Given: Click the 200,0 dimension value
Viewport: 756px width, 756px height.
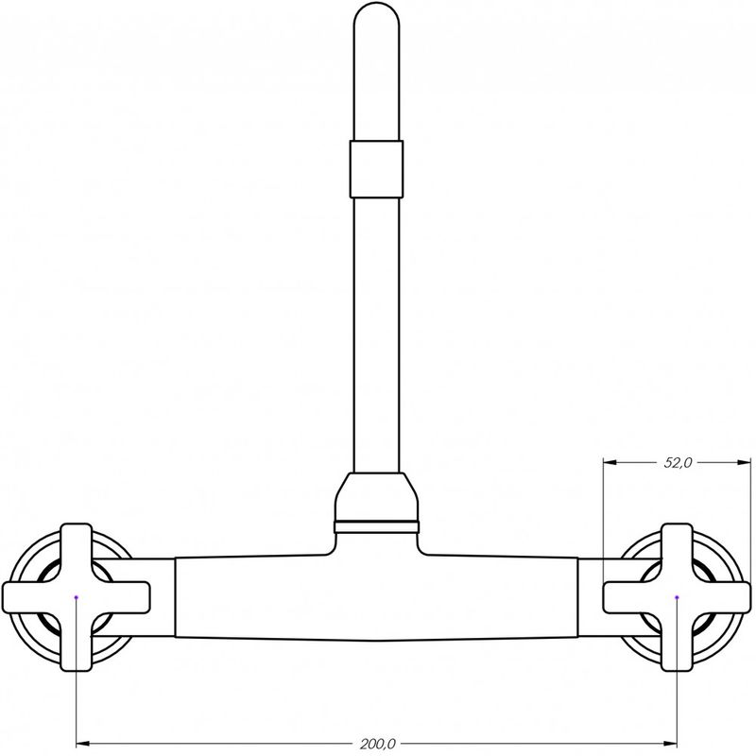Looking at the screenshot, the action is [x=377, y=744].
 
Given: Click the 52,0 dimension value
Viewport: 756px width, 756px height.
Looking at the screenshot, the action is [x=678, y=463].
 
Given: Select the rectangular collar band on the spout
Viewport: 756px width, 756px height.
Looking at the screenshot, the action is [x=376, y=169].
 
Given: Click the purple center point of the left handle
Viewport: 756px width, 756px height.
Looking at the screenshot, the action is [x=77, y=597].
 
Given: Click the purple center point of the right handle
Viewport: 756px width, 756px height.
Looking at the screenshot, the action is [x=677, y=597].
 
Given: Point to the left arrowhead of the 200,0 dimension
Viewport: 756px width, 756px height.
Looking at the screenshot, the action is [x=83, y=743].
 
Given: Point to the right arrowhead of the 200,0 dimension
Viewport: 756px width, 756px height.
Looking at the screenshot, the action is [x=670, y=743].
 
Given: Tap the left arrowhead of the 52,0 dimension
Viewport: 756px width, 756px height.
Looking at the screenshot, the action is [x=610, y=463].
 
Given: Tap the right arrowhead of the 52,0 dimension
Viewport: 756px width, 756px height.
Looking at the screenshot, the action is [x=744, y=463].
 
